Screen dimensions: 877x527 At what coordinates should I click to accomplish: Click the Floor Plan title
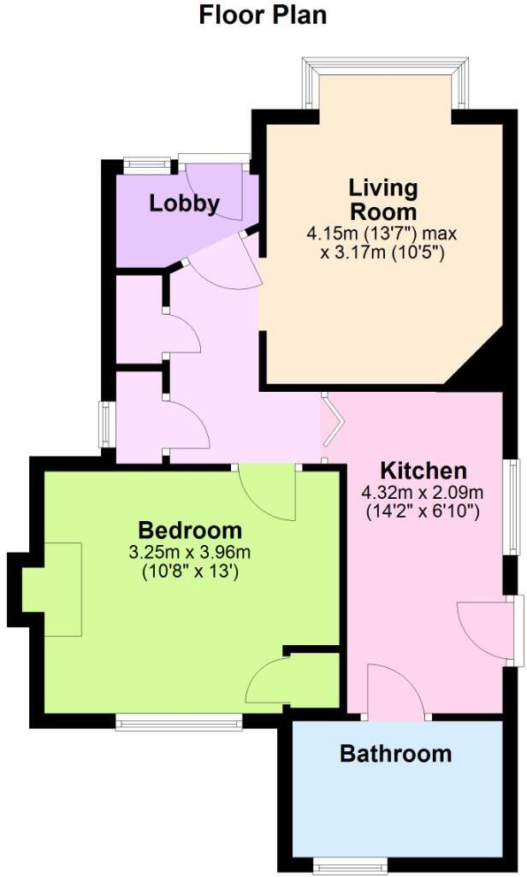pyautogui.click(x=263, y=15)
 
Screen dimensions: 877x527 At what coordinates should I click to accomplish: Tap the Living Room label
pyautogui.click(x=382, y=199)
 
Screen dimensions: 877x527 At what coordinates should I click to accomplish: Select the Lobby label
pyautogui.click(x=184, y=204)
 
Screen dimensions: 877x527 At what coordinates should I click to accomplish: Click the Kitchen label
pyautogui.click(x=423, y=471)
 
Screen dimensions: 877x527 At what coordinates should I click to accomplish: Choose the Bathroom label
pyautogui.click(x=395, y=754)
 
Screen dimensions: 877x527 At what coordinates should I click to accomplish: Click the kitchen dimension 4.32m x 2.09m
pyautogui.click(x=423, y=493)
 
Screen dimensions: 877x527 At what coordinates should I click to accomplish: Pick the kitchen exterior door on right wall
pyautogui.click(x=485, y=629)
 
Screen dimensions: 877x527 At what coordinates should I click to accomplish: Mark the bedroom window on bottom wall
pyautogui.click(x=178, y=723)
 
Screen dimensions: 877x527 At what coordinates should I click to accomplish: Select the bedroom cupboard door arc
pyautogui.click(x=266, y=682)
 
